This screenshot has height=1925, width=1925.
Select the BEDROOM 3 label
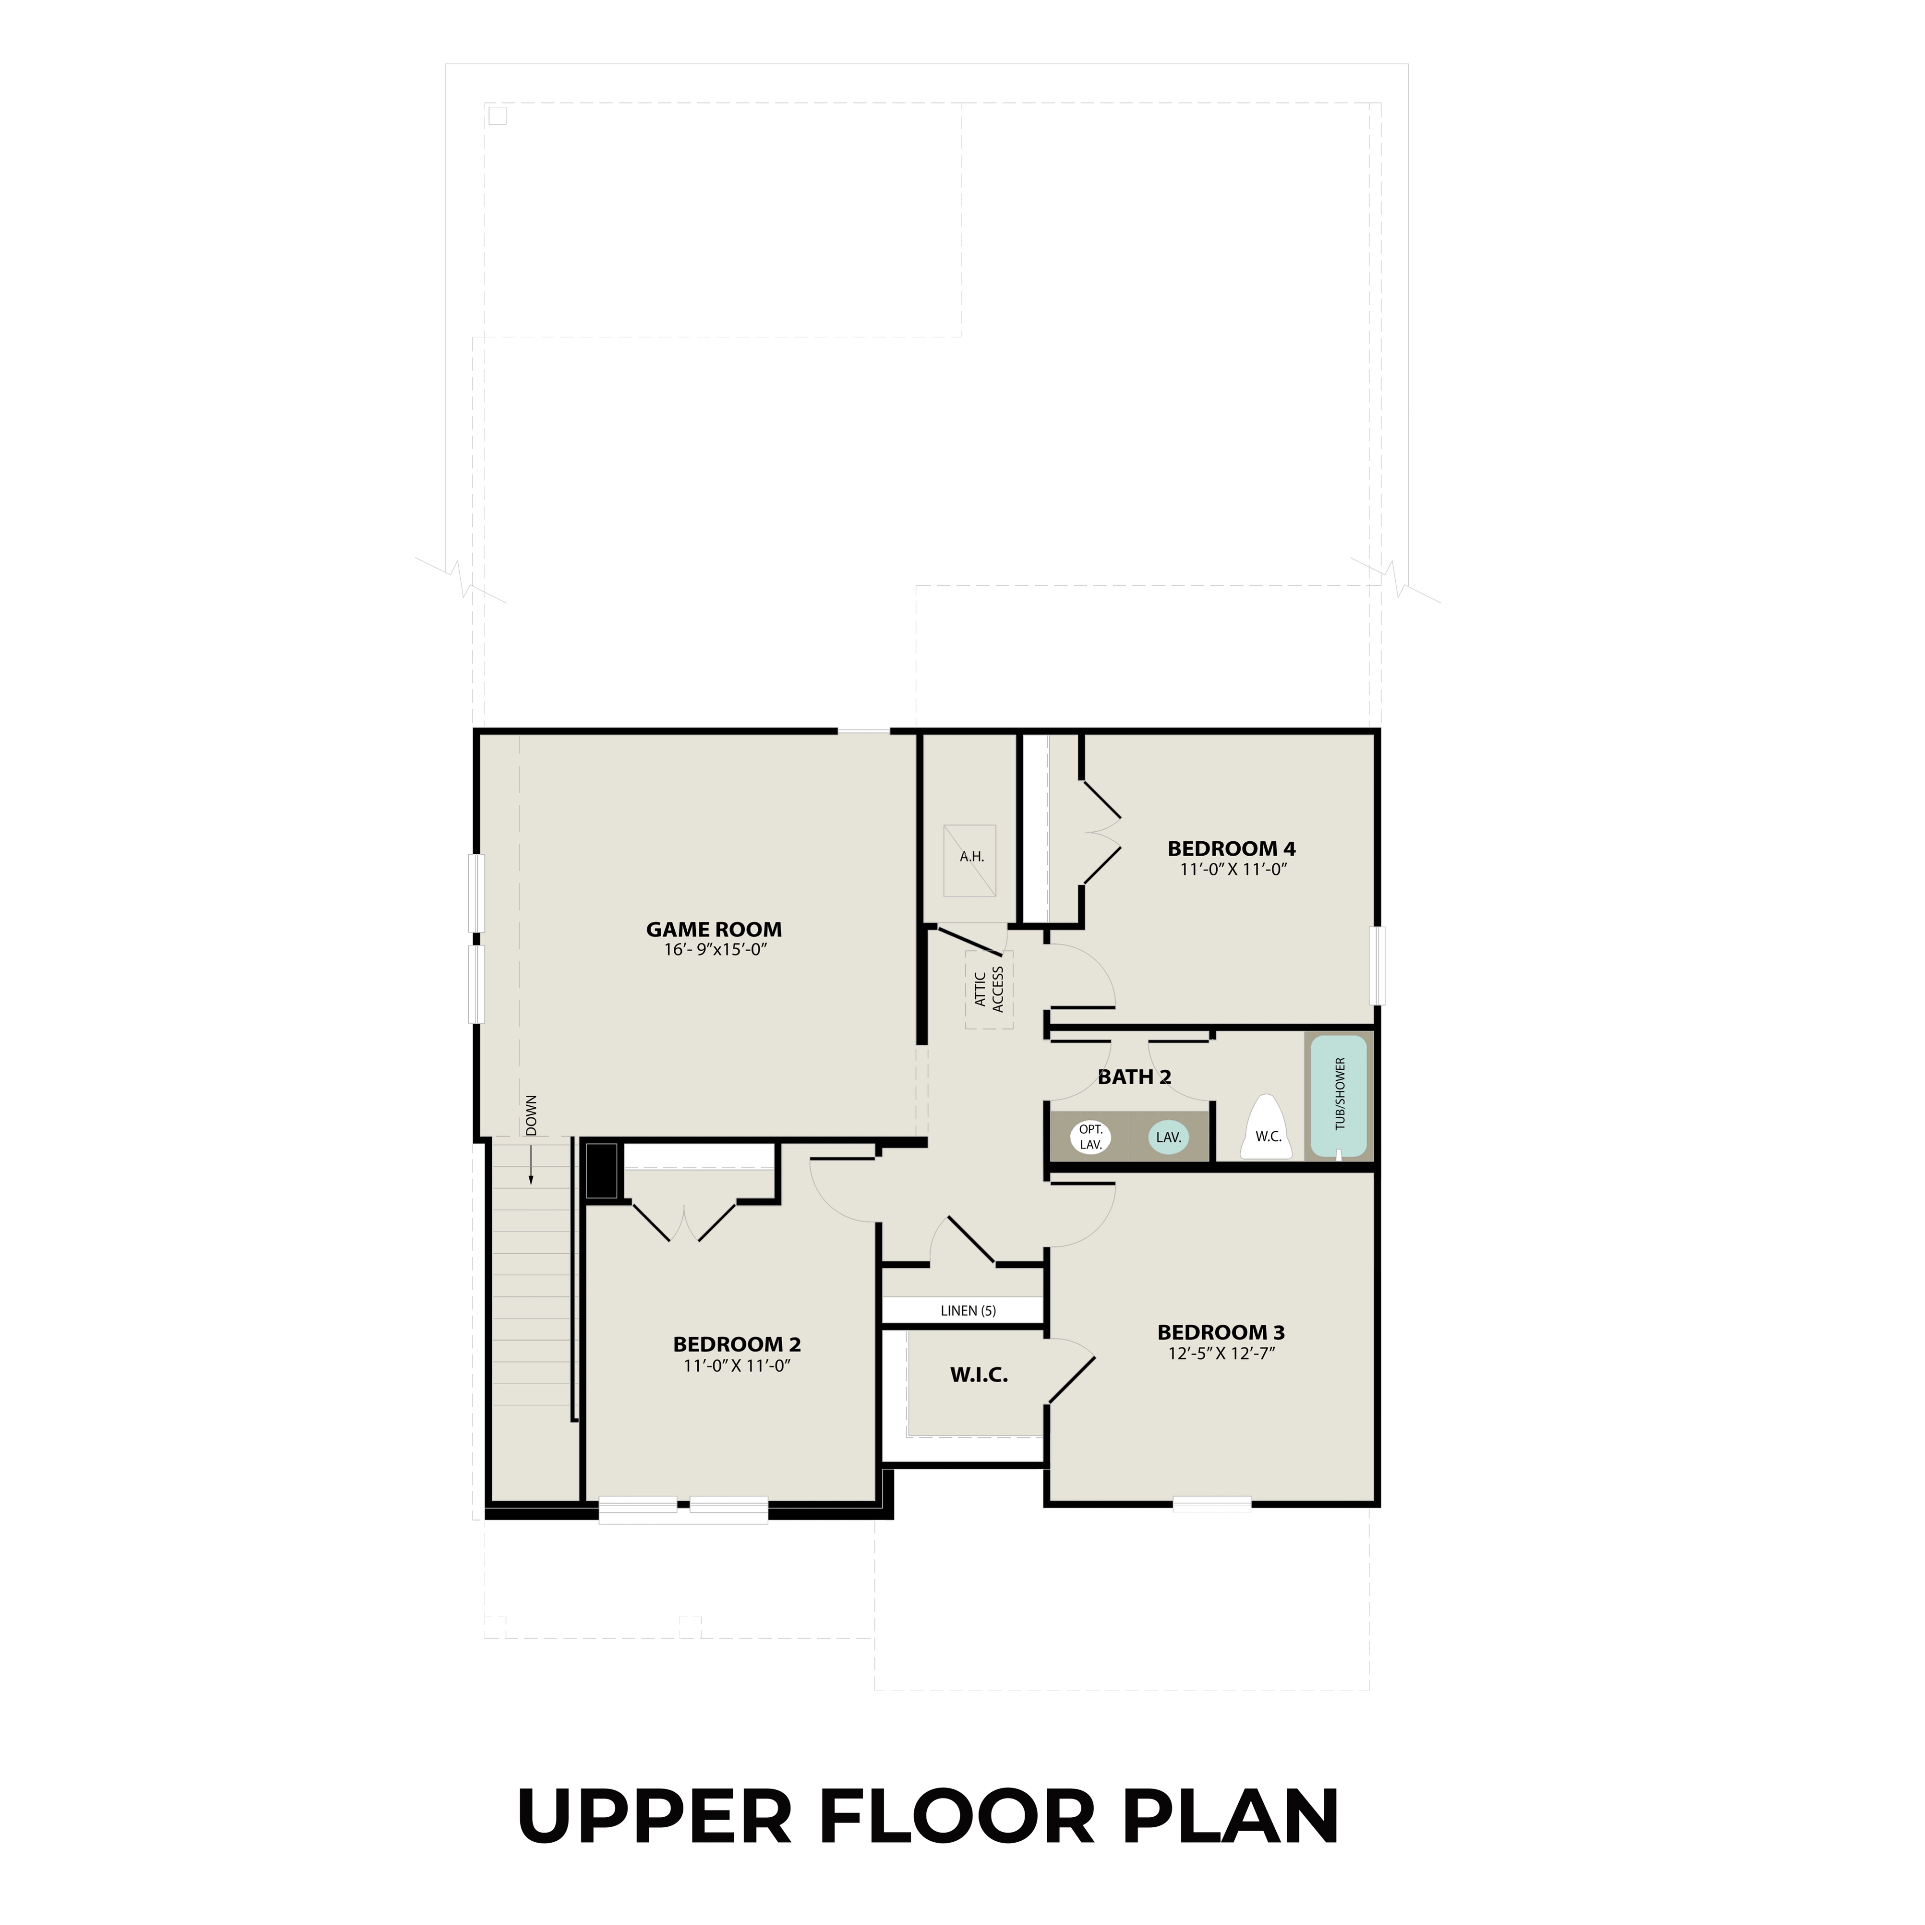pos(1221,1332)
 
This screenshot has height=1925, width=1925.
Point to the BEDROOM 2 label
pos(736,1344)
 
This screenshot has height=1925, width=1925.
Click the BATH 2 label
pos(1134,1077)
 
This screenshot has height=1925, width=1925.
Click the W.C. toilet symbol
pos(1266,1131)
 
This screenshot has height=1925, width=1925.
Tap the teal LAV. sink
pos(1168,1137)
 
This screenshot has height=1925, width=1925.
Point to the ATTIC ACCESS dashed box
pos(989,990)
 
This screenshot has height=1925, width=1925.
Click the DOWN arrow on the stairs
pos(531,1164)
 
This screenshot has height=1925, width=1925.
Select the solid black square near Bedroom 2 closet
pos(601,1171)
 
